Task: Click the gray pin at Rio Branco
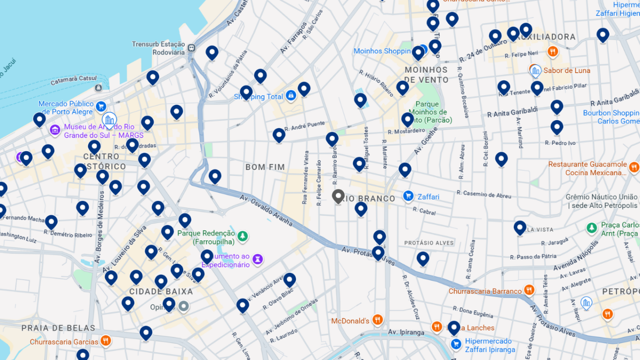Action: [338, 196]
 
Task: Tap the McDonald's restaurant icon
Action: [377, 320]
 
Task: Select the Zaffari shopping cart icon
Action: [408, 196]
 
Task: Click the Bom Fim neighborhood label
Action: [265, 167]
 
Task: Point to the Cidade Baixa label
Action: [161, 292]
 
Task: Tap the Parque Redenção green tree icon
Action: [242, 236]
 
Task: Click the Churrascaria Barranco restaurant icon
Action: [529, 290]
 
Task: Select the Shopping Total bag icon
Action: [291, 96]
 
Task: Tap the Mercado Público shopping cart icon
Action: [101, 106]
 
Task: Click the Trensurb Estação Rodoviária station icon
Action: [192, 48]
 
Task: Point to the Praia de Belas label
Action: [58, 328]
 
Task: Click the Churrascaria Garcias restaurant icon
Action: [105, 341]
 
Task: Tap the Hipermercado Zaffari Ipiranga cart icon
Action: [456, 344]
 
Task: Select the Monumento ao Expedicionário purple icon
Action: [258, 260]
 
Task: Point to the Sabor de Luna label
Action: [567, 71]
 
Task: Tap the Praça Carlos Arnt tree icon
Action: [592, 228]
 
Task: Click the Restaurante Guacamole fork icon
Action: [634, 168]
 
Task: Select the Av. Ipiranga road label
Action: [406, 332]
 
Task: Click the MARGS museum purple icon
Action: [55, 130]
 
